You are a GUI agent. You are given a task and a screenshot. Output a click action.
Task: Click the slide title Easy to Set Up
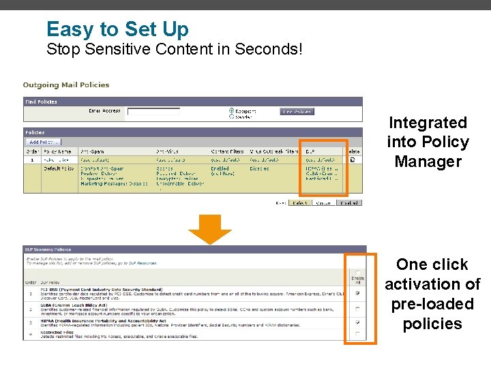[x=117, y=29]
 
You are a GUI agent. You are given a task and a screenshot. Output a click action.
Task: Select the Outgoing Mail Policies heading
[x=66, y=85]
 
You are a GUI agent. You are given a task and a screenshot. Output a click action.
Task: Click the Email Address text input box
[x=153, y=111]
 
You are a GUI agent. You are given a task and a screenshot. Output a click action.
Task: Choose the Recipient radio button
[x=231, y=110]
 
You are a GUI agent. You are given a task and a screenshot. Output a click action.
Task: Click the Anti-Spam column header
[x=93, y=151]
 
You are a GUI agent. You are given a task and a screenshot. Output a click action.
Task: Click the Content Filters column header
[x=226, y=151]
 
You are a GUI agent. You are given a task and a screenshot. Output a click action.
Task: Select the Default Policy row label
[x=59, y=168]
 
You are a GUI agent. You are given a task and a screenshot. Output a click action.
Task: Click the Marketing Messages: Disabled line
[x=114, y=183]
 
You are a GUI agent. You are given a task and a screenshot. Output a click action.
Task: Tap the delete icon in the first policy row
[x=353, y=159]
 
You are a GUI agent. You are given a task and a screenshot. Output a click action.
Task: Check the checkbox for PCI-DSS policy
[x=358, y=293]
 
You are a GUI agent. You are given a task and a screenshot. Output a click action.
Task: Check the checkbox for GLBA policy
[x=358, y=308]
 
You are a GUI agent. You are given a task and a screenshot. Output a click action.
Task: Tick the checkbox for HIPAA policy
[x=358, y=322]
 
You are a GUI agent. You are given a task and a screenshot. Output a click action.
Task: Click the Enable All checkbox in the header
[x=358, y=272]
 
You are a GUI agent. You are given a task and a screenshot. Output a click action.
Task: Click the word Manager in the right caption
[x=428, y=162]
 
